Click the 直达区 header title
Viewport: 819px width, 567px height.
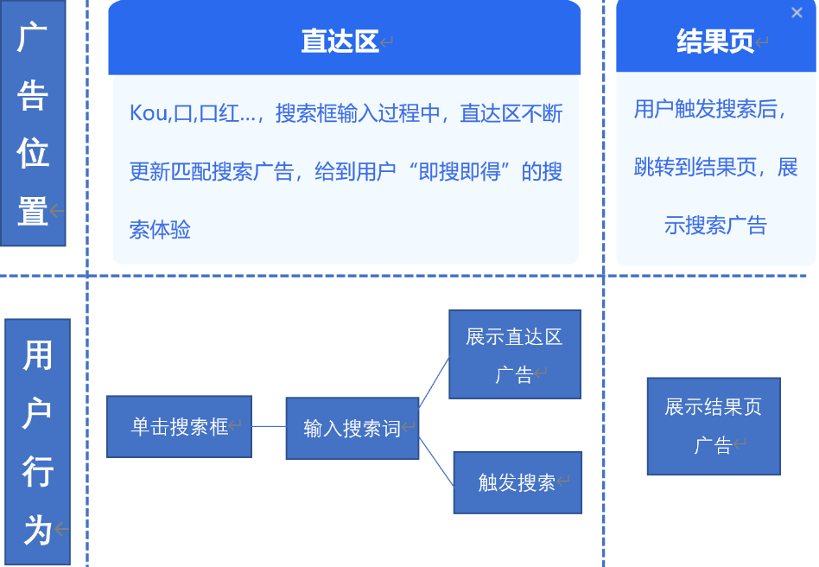click(x=340, y=41)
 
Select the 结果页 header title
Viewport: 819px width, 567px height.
click(x=715, y=41)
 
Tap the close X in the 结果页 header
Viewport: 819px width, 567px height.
click(x=797, y=12)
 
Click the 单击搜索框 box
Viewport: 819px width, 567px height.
click(x=179, y=426)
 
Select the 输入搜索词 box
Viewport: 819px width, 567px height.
click(x=352, y=428)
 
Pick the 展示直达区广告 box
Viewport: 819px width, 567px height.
click(x=514, y=354)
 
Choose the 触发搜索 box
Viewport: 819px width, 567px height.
click(x=517, y=482)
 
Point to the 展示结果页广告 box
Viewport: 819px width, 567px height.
click(x=713, y=425)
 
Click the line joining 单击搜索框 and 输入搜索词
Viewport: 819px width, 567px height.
click(x=269, y=426)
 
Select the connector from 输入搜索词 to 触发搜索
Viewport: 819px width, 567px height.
click(x=436, y=462)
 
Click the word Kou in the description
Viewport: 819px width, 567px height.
click(x=148, y=113)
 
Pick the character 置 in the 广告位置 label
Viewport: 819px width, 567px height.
click(x=32, y=210)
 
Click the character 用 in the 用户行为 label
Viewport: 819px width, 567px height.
click(x=37, y=355)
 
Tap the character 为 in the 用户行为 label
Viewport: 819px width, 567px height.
click(x=37, y=529)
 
